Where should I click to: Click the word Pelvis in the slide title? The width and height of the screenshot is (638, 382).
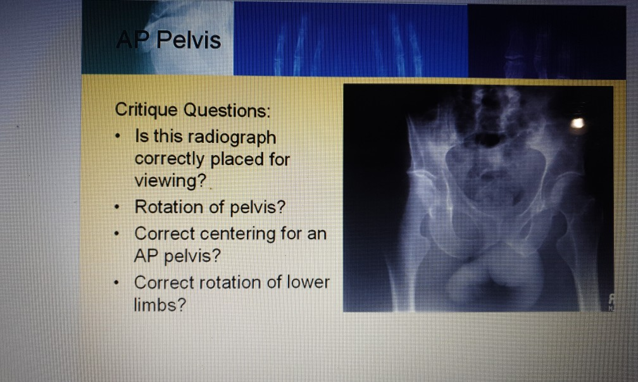point(188,41)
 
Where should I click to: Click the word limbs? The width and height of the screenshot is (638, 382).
point(160,305)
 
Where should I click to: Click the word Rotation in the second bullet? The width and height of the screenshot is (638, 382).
point(166,207)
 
